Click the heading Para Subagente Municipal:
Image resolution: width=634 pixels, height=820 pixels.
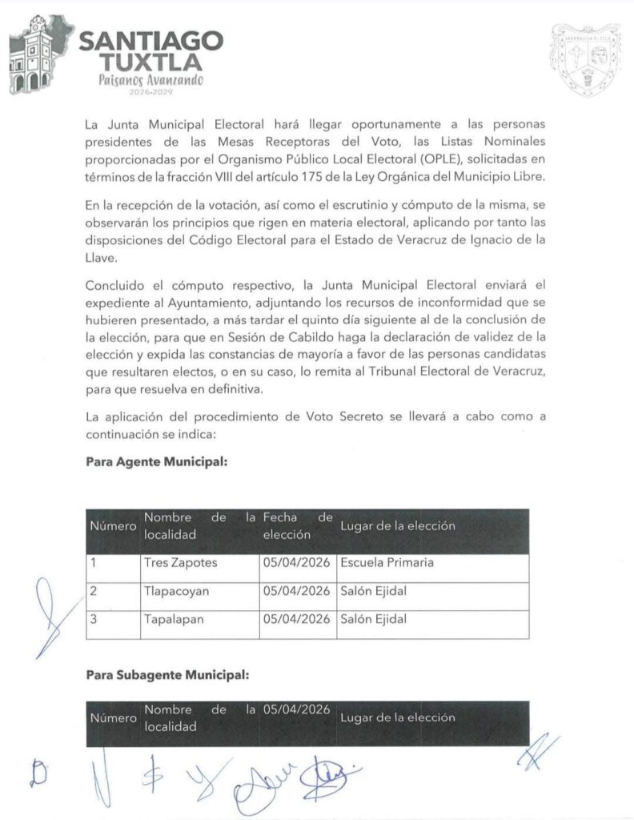(x=167, y=675)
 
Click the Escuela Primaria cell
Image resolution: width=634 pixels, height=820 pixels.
(x=387, y=562)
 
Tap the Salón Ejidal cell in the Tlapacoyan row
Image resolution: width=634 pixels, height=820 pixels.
(x=374, y=591)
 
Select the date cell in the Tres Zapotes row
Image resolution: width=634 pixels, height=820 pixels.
(x=296, y=562)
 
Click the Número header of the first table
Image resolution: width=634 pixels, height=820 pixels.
(x=113, y=527)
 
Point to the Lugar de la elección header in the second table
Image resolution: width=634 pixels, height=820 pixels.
(x=398, y=717)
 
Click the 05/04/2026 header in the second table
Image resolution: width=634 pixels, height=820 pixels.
(x=296, y=709)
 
